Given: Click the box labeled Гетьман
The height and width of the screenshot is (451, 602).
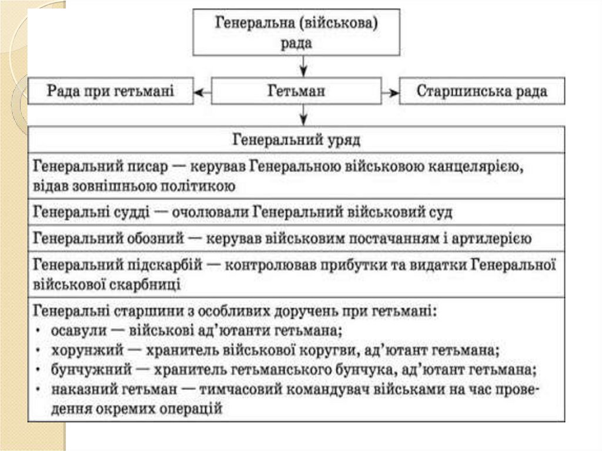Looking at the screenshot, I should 296,92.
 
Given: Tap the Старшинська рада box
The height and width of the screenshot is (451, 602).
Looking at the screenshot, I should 482,92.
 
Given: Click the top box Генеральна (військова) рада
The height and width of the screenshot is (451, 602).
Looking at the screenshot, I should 296,33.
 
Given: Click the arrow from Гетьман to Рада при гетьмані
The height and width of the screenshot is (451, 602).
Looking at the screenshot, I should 202,92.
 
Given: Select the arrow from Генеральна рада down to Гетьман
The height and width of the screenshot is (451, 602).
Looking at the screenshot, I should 302,66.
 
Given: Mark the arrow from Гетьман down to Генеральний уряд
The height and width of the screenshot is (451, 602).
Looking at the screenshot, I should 302,114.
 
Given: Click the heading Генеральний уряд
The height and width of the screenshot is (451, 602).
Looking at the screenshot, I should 296,141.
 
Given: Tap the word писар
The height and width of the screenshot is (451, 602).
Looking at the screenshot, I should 143,168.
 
